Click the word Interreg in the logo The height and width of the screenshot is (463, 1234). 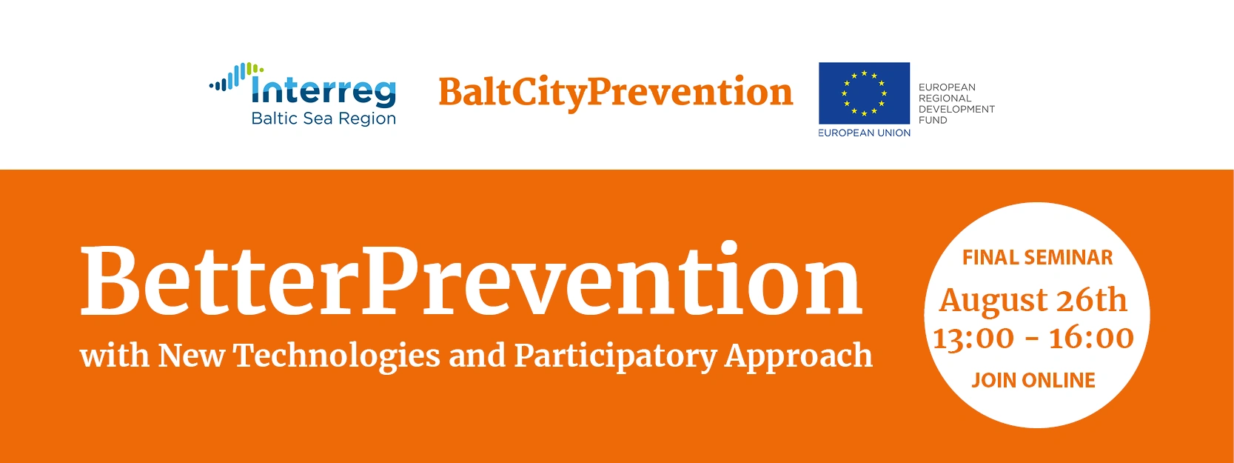pyautogui.click(x=323, y=92)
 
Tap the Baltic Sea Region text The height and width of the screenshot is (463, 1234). pyautogui.click(x=323, y=119)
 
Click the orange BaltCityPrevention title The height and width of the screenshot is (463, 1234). pyautogui.click(x=616, y=93)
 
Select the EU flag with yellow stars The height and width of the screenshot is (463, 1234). pyautogui.click(x=864, y=93)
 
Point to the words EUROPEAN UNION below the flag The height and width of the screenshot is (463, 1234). pyautogui.click(x=864, y=133)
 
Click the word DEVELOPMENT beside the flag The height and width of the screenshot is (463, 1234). pyautogui.click(x=956, y=109)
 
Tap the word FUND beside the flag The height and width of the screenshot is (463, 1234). pyautogui.click(x=933, y=120)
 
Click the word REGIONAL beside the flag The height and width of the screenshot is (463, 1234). pyautogui.click(x=944, y=98)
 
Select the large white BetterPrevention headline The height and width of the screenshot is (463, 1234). pyautogui.click(x=472, y=280)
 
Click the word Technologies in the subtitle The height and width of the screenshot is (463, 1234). pyautogui.click(x=337, y=356)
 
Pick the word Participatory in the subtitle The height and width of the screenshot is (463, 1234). pyautogui.click(x=615, y=356)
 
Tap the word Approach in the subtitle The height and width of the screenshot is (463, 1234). pyautogui.click(x=799, y=356)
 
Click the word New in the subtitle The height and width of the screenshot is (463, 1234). pyautogui.click(x=192, y=356)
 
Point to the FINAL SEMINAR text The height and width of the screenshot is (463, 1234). pyautogui.click(x=1037, y=257)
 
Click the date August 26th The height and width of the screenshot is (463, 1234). pyautogui.click(x=1033, y=301)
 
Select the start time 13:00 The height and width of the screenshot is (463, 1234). pyautogui.click(x=973, y=338)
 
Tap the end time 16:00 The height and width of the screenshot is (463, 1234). pyautogui.click(x=1091, y=338)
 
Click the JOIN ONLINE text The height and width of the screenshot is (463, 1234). pyautogui.click(x=1033, y=380)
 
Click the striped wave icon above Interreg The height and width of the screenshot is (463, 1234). pyautogui.click(x=236, y=76)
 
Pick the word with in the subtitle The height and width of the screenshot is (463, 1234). pyautogui.click(x=115, y=356)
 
